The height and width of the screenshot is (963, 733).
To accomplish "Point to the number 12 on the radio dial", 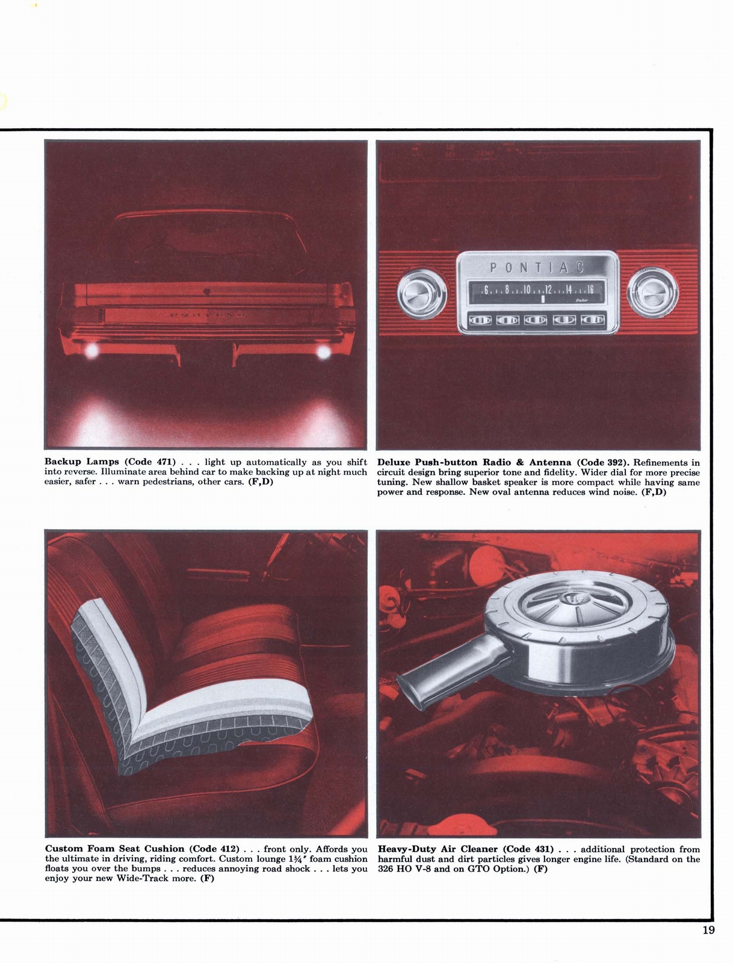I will click(x=548, y=290).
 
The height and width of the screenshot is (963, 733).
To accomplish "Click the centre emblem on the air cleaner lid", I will click(x=566, y=599).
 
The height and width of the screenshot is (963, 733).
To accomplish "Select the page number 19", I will click(x=708, y=930).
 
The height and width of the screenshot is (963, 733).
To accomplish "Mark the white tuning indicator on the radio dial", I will click(x=543, y=299).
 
